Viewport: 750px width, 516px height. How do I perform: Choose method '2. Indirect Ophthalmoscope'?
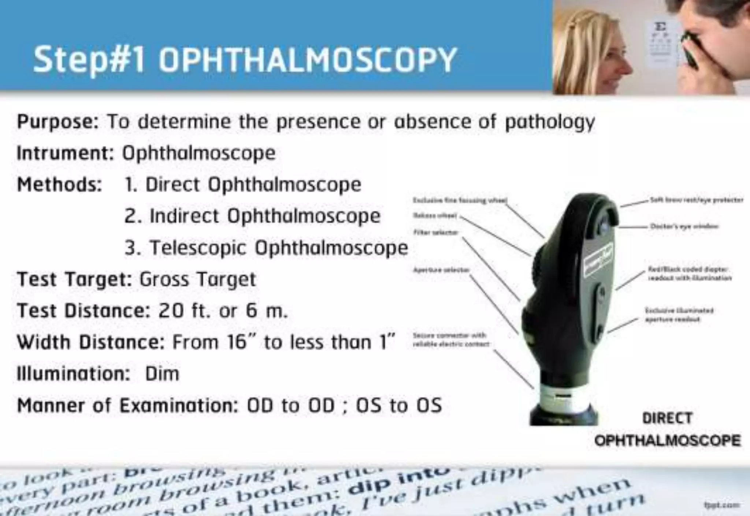(252, 216)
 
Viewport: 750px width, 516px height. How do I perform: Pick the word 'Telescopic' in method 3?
(197, 248)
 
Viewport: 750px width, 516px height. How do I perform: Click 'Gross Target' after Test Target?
(197, 280)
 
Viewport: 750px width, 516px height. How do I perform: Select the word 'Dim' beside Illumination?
(162, 374)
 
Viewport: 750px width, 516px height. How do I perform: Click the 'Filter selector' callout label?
(436, 232)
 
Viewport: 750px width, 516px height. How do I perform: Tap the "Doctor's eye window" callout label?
(684, 226)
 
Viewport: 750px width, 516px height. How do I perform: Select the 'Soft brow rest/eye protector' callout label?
(696, 200)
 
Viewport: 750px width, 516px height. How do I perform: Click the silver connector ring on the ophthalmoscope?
(560, 397)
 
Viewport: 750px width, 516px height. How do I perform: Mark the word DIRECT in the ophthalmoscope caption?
(667, 418)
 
